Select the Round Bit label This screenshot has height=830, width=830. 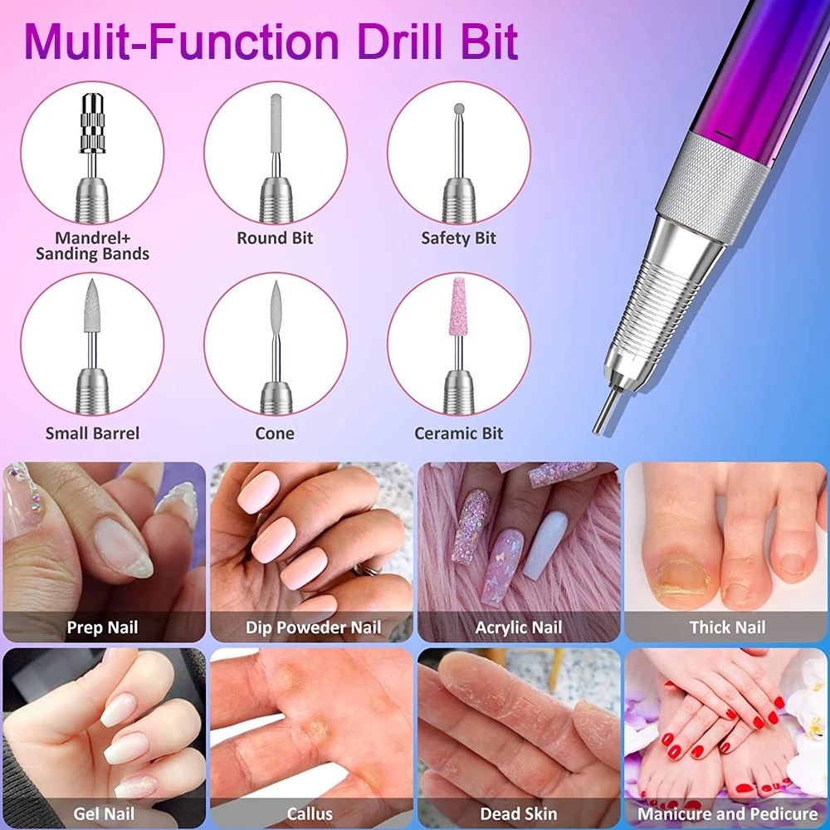275,238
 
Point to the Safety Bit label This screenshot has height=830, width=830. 458,238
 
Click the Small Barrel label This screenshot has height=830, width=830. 92,433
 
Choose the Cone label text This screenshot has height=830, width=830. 275,433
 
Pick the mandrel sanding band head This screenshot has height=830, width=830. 92,122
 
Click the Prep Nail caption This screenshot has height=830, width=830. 102,627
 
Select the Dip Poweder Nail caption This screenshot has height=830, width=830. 314,627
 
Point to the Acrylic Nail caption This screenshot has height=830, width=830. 519,627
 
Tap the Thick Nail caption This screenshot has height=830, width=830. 727,627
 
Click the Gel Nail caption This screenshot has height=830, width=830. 104,813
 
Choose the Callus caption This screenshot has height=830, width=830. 310,813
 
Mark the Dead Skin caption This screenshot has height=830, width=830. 519,813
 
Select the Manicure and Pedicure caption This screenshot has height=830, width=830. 727,813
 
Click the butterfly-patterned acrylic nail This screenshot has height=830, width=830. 505,566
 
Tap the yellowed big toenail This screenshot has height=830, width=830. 683,579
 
